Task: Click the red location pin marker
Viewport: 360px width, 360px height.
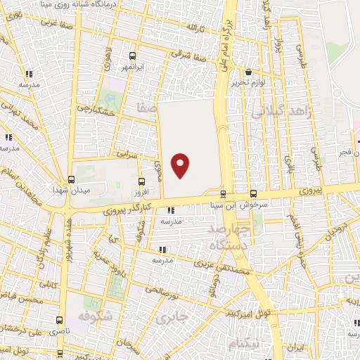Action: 181,165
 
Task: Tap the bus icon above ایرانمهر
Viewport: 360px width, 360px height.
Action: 133,56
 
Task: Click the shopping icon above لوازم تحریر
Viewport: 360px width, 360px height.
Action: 248,72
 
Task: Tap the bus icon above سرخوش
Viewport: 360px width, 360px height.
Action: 253,194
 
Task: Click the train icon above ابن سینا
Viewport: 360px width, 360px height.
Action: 224,194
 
